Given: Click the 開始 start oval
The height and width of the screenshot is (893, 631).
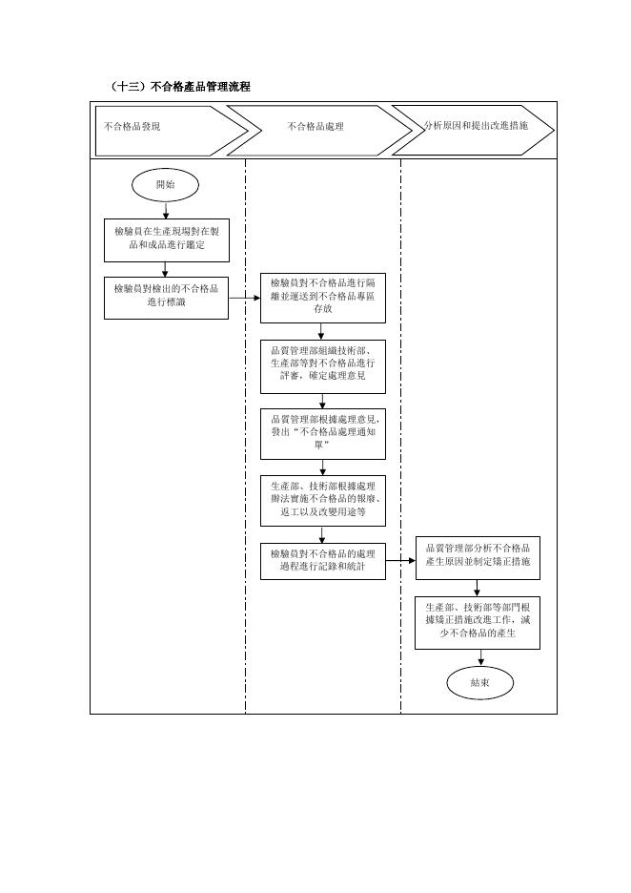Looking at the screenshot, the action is tap(166, 185).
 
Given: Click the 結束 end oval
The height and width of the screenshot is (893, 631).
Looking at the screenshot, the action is tap(480, 682).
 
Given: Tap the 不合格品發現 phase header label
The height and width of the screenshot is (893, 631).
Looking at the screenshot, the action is tap(132, 127).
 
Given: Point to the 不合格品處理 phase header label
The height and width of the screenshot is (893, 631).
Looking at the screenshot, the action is tap(315, 127).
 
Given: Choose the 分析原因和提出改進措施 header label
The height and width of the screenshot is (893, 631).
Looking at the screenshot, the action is tap(476, 125).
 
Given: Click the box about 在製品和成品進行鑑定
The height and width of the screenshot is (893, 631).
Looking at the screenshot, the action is tap(167, 240).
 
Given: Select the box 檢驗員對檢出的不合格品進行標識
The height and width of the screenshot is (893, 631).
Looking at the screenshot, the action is tap(166, 298).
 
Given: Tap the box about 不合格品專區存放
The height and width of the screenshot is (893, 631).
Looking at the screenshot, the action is tap(322, 299).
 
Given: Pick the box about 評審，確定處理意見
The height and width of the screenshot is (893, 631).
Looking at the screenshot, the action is tap(322, 366).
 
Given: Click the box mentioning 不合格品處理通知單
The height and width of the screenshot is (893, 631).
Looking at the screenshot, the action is tap(322, 434).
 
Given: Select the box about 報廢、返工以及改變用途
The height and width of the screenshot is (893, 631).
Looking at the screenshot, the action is tap(322, 501).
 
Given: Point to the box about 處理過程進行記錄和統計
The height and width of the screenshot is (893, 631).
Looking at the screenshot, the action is tap(322, 562).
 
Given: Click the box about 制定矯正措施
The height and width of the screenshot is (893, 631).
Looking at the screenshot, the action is tap(478, 558).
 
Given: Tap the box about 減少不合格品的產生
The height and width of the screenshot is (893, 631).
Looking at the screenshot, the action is tap(478, 623).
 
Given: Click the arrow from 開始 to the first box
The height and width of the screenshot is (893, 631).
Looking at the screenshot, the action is tap(166, 210).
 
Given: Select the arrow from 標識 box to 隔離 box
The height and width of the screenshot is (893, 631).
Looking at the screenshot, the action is tap(245, 298).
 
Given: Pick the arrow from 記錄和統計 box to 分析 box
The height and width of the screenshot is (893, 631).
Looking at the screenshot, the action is tap(400, 560).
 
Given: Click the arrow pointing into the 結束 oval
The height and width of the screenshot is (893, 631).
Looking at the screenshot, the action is tap(480, 657).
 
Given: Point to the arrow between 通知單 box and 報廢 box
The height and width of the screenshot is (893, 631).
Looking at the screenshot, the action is tap(322, 467).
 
